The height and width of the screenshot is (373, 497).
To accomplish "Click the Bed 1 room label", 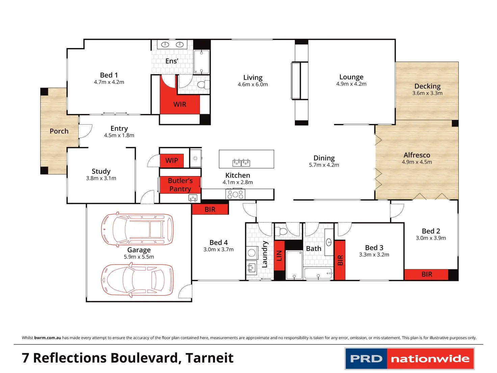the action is tap(109, 75).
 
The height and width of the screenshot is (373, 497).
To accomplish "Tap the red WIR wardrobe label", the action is tap(180, 104).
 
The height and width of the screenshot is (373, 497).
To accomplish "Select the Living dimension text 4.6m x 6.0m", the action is tap(253, 84).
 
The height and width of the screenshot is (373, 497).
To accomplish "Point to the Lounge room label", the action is tap(351, 77).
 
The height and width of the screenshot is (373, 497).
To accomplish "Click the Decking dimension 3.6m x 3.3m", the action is tap(427, 93).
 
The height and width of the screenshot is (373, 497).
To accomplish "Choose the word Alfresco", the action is tap(417, 155).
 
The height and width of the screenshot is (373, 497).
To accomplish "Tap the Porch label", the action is tap(59, 131).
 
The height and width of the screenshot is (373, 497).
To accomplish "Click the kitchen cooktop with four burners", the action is tap(235, 194).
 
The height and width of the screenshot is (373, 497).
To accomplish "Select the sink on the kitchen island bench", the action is tap(241, 163).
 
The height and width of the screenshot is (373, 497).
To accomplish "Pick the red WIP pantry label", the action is tap(172, 160).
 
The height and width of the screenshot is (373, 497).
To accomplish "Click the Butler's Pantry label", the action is tap(180, 185).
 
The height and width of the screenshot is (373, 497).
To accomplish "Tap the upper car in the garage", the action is tap(137, 229).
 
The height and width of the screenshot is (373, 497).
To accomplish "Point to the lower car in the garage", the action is tap(137, 280).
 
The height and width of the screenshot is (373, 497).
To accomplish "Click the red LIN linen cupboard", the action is tap(279, 256).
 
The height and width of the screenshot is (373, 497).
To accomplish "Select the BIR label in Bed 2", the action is tap(427, 274).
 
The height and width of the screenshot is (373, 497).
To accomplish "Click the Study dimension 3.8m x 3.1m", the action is tap(101, 178).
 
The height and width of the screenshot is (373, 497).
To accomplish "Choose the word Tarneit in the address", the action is tap(209, 358).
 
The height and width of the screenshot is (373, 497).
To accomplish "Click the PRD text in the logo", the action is tap(366, 359).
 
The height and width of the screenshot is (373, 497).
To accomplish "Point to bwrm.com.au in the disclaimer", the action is tap(48, 338).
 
